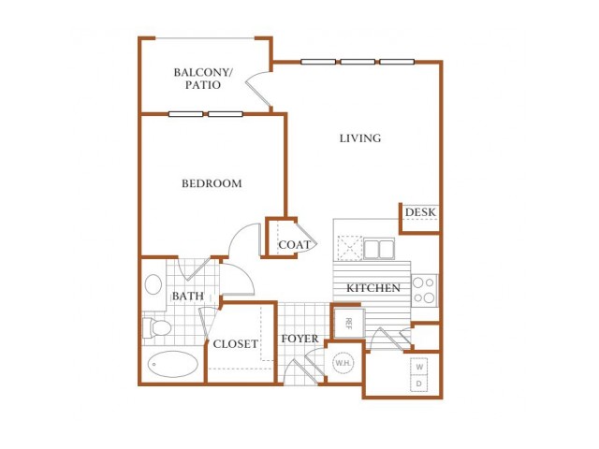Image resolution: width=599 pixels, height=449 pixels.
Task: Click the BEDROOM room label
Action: [x=212, y=183]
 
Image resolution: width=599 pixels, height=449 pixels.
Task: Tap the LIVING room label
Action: [x=360, y=138]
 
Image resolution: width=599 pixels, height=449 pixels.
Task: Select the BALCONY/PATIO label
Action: [x=203, y=79]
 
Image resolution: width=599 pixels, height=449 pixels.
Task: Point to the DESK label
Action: [x=420, y=212]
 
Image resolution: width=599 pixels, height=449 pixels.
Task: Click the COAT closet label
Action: [x=294, y=245]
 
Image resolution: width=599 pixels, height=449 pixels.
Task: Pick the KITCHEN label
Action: [x=373, y=288]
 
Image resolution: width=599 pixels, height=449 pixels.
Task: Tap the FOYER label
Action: [x=299, y=339]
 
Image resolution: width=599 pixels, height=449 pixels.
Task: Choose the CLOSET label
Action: [x=235, y=344]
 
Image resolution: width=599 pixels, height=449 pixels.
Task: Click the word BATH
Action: [x=187, y=296]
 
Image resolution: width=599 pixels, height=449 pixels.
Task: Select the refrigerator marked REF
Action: [x=348, y=323]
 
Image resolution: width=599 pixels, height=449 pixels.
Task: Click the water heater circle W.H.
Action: [x=343, y=362]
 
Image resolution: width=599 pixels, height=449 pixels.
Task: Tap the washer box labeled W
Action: [x=419, y=367]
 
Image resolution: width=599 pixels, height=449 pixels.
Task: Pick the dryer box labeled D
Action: [x=419, y=384]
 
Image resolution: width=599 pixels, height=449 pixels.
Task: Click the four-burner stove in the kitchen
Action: [x=424, y=291]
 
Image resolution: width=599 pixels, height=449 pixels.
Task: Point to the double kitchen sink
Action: [x=378, y=249]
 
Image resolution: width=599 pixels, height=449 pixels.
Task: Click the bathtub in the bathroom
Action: [x=172, y=364]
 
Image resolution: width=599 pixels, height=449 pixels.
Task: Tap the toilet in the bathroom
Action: [x=156, y=328]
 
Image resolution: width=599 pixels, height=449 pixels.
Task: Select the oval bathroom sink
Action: [x=153, y=284]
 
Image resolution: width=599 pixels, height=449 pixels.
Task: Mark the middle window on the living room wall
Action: [x=358, y=62]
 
